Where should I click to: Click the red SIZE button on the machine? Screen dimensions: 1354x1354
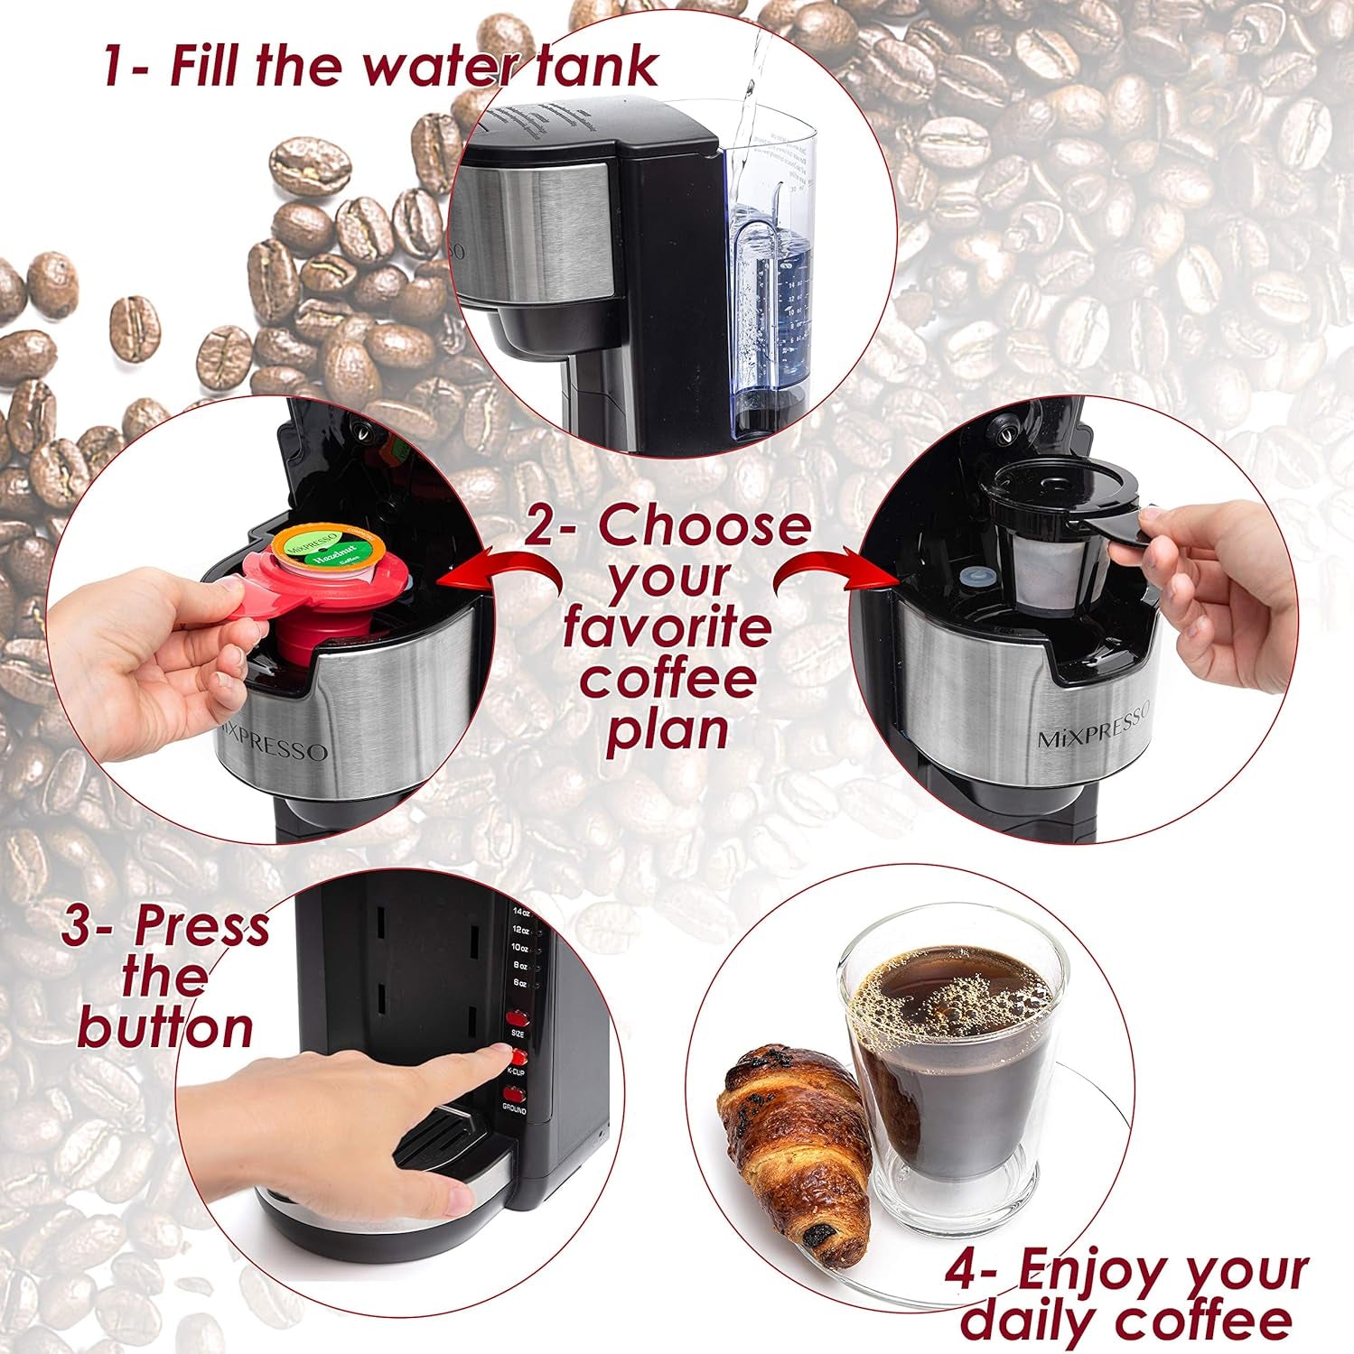(518, 1016)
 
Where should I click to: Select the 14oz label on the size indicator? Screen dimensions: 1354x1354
(519, 913)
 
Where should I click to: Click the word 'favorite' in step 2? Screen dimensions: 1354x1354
(667, 629)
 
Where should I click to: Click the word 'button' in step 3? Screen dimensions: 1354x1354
(164, 1028)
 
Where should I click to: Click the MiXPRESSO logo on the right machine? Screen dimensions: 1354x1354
(1093, 728)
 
